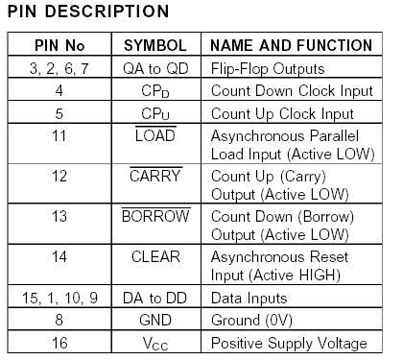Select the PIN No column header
pos(59,46)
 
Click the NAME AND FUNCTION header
pos(291,46)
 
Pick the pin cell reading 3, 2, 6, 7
pos(59,69)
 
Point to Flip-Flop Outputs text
pos(270,69)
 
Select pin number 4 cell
pos(59,91)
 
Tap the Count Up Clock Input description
pos(284,112)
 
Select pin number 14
pos(59,257)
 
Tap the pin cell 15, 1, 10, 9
pos(59,300)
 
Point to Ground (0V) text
pos(251,321)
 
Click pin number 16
pos(59,343)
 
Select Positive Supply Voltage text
pos(289,343)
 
